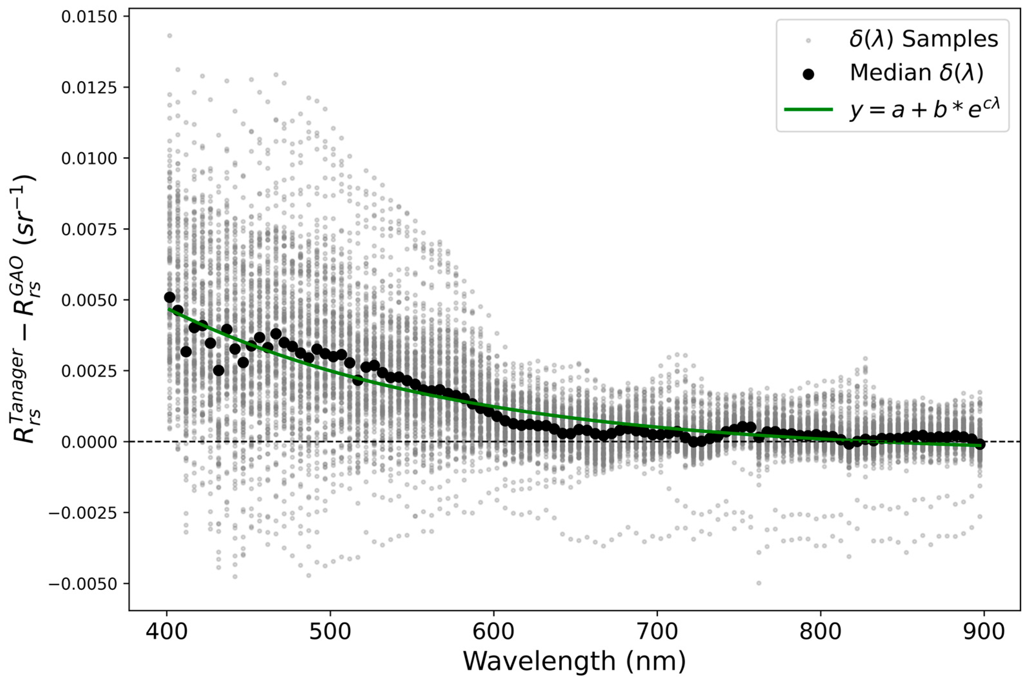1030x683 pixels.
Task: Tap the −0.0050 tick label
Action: (x=83, y=584)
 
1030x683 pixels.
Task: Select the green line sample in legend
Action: (x=808, y=110)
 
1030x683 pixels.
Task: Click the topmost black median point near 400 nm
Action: (x=169, y=297)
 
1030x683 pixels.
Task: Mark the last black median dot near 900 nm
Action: (x=980, y=444)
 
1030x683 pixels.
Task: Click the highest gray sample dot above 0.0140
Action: (x=169, y=36)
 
